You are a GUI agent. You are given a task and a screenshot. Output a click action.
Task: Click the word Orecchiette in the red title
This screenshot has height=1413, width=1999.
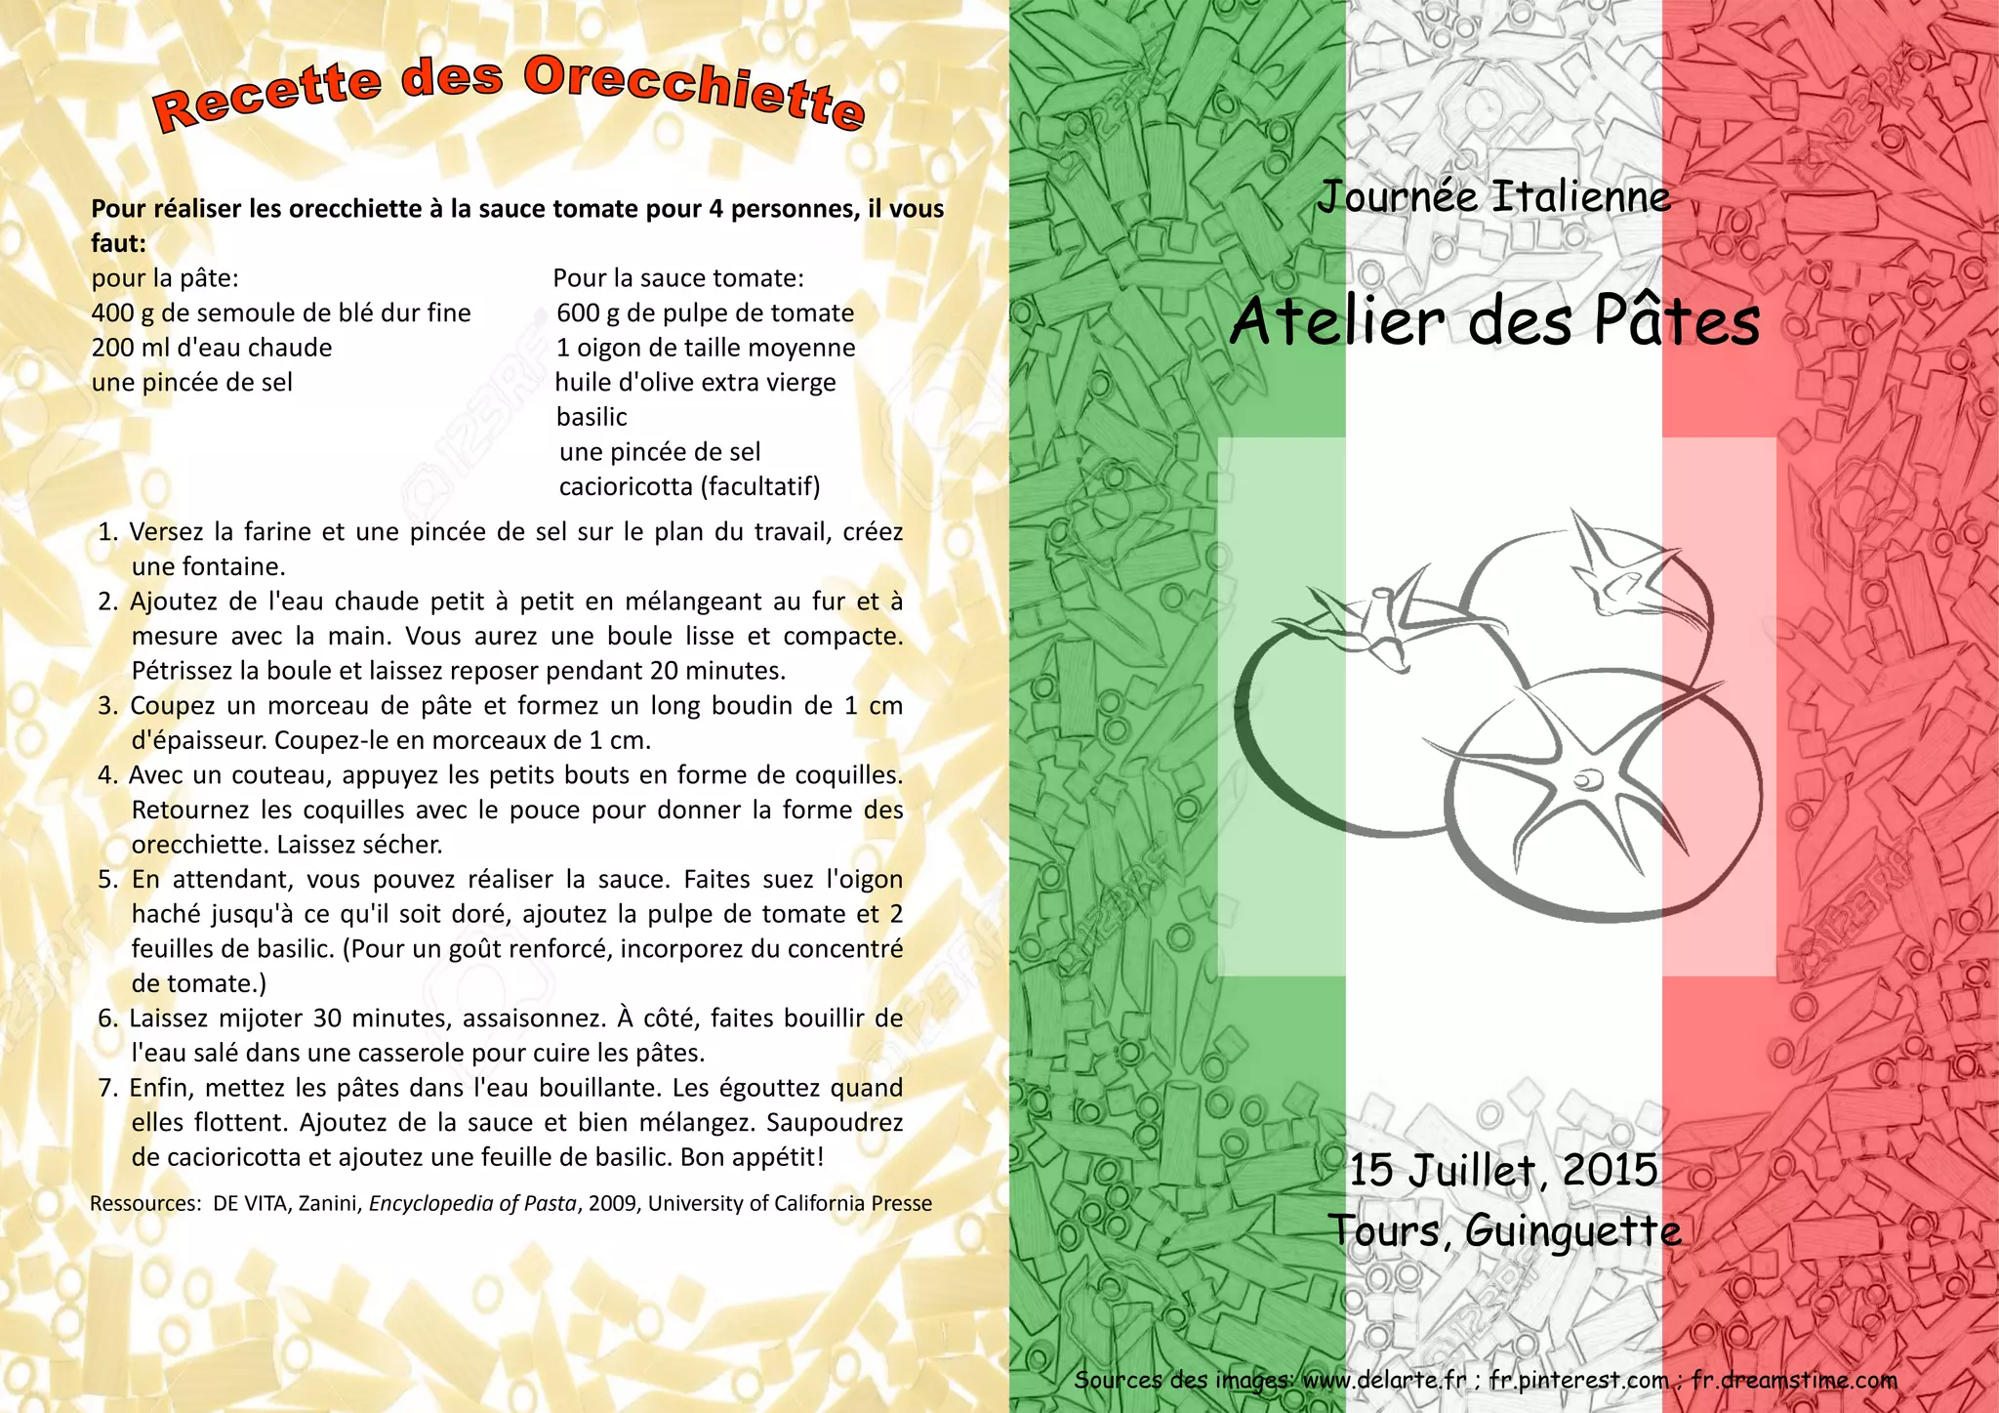tap(695, 95)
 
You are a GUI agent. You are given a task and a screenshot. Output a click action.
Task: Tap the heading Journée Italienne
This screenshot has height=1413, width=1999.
tap(1493, 196)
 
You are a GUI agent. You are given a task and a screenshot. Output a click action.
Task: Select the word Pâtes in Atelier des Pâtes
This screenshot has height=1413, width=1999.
tap(1677, 321)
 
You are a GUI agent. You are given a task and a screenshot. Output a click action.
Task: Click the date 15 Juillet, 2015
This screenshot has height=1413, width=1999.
tap(1503, 1170)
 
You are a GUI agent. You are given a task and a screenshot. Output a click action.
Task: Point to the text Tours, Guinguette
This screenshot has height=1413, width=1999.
tap(1504, 1230)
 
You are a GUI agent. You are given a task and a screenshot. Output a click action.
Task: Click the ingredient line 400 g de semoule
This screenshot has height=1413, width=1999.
tap(281, 313)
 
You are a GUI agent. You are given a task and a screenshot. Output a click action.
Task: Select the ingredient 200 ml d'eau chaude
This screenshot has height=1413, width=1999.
tap(212, 348)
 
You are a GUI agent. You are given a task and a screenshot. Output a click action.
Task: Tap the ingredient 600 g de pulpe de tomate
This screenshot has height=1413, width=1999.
tap(705, 313)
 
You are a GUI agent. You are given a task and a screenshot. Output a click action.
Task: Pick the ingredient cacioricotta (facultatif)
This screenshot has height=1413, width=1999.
tap(689, 486)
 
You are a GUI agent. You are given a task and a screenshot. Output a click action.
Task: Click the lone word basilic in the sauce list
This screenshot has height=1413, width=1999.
tap(592, 417)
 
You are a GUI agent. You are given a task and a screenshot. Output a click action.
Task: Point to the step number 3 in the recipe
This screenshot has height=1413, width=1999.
tap(107, 706)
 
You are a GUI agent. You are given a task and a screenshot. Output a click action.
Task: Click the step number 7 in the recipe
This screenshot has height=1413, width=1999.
tap(107, 1088)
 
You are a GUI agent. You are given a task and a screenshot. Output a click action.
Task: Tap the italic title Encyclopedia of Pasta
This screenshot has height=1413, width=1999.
tap(472, 1203)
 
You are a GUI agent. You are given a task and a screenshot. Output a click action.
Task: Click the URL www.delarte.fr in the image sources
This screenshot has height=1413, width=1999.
tap(1384, 1380)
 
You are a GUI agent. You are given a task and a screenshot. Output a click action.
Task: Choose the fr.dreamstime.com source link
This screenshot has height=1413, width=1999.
tap(1794, 1380)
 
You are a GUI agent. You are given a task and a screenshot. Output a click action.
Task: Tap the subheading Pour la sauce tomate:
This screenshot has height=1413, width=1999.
tap(678, 278)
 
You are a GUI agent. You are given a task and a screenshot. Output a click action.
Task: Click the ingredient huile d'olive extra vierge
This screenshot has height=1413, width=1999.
tap(696, 383)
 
